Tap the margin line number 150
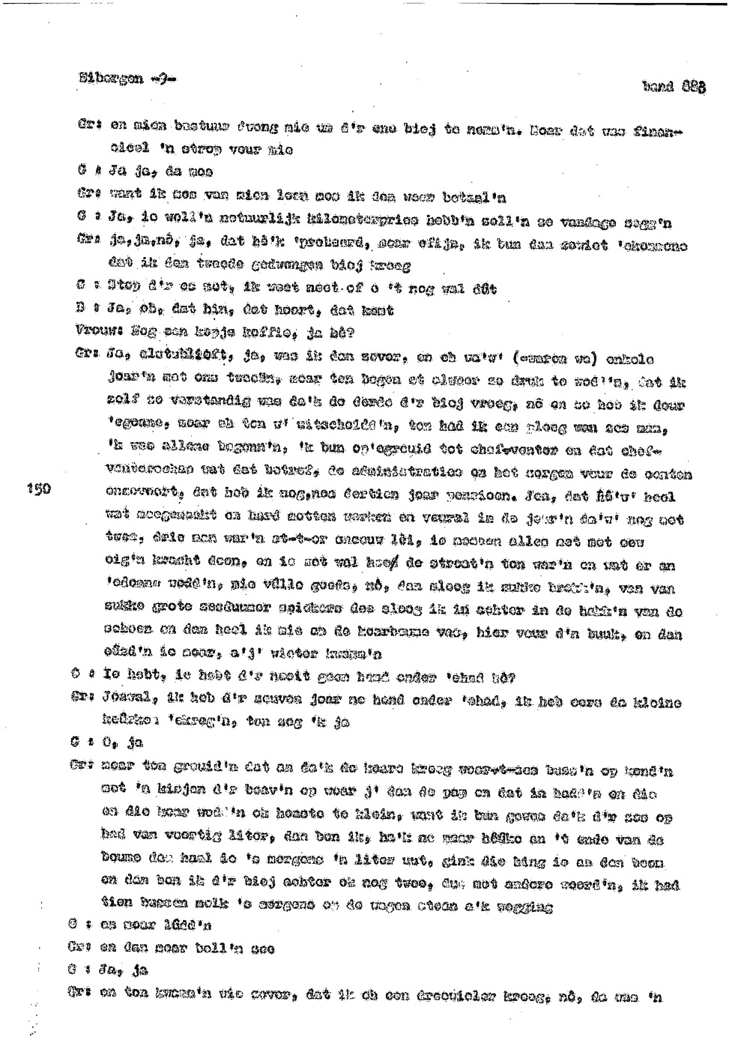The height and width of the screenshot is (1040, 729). [37, 489]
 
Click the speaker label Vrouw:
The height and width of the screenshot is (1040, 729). [94, 330]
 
